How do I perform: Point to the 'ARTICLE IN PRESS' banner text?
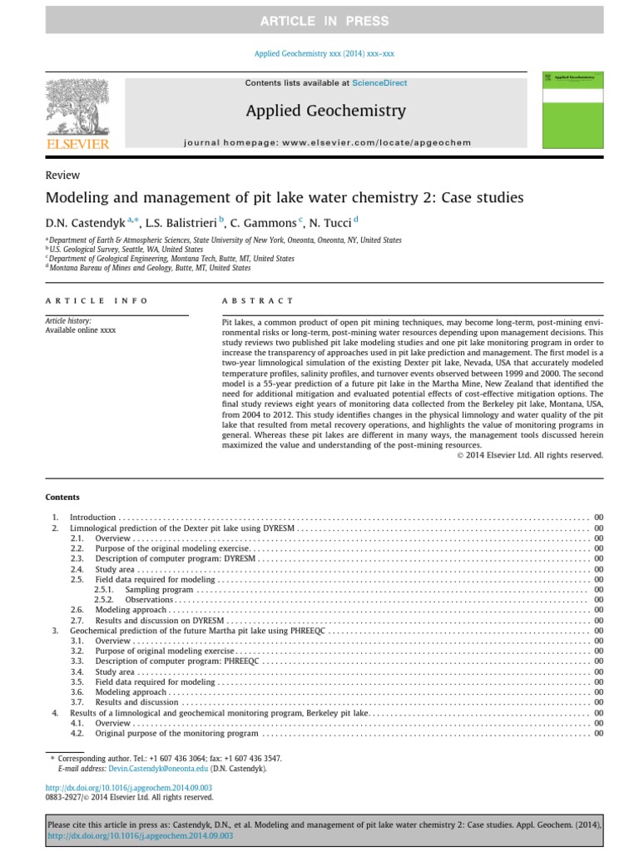pyautogui.click(x=319, y=21)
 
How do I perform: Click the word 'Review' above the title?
pyautogui.click(x=62, y=175)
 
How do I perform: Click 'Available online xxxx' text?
pyautogui.click(x=81, y=330)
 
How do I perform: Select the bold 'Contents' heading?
pyautogui.click(x=62, y=497)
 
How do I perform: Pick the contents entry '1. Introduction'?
pyautogui.click(x=93, y=518)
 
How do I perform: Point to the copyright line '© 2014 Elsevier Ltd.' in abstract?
pyautogui.click(x=530, y=455)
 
